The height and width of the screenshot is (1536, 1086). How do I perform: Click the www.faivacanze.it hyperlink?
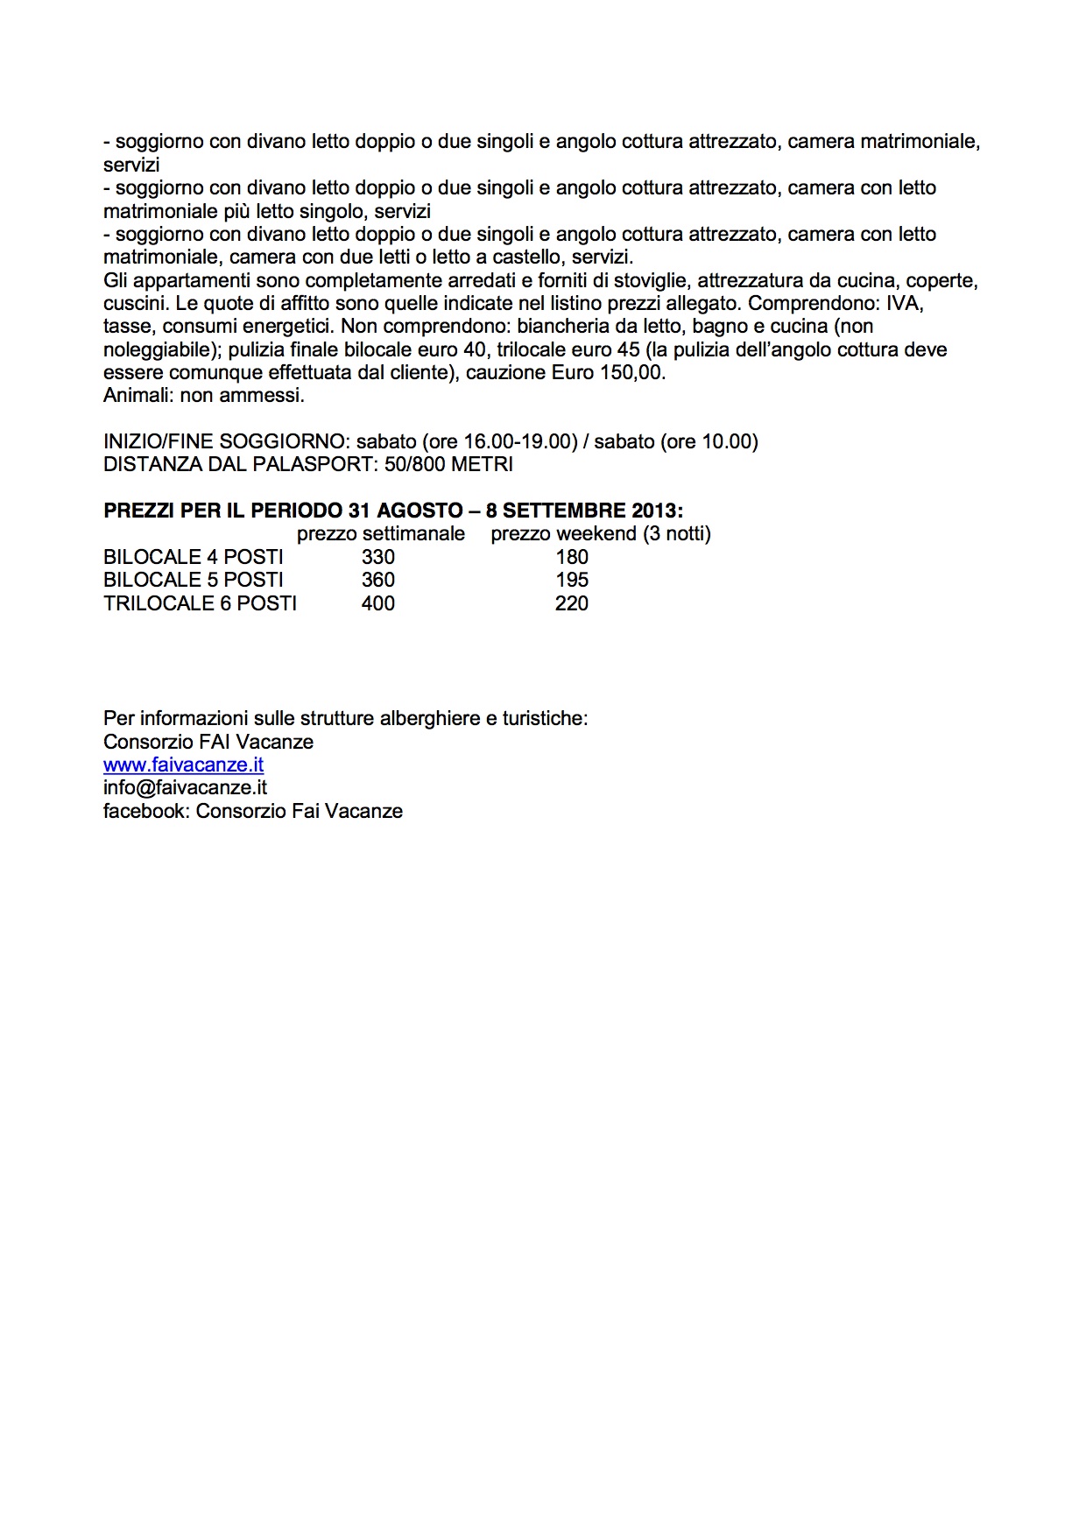[x=183, y=764]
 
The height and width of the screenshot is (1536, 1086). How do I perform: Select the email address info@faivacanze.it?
[x=185, y=787]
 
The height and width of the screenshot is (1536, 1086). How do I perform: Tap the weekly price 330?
[x=378, y=557]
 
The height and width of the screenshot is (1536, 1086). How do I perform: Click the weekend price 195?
[x=572, y=580]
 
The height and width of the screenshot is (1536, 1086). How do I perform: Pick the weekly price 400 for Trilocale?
[x=378, y=603]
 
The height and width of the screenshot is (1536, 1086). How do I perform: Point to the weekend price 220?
[x=572, y=603]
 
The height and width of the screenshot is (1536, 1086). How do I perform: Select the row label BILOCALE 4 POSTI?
[x=194, y=557]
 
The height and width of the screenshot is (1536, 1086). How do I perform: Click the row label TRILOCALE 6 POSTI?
[x=200, y=603]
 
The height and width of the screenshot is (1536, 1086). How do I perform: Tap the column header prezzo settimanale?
[x=381, y=533]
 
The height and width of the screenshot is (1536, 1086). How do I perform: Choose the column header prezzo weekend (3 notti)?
[x=601, y=533]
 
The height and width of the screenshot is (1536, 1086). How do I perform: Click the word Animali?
[x=138, y=395]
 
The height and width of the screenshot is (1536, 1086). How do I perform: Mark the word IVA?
[x=906, y=303]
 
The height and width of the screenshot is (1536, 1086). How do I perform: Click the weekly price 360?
[x=378, y=580]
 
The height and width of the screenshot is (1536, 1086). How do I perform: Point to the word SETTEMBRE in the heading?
[x=562, y=511]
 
